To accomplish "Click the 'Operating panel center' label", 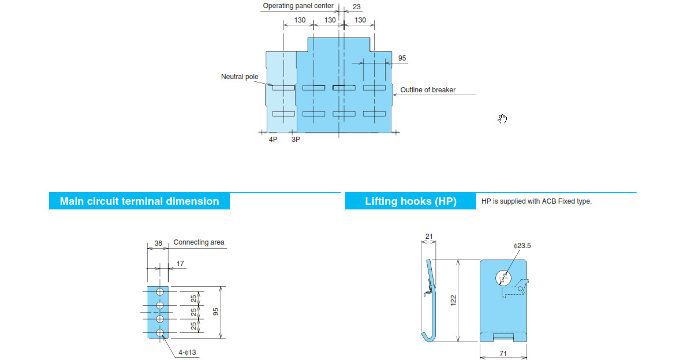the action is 298,6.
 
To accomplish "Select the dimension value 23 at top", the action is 357,7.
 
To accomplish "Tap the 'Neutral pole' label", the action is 240,77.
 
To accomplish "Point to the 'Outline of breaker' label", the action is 428,90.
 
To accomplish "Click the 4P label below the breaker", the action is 273,139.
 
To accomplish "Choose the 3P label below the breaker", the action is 296,139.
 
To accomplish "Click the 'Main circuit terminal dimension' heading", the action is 139,201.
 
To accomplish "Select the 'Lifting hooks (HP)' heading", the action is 410,201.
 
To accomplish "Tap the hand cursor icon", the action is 502,119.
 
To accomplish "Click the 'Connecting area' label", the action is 199,242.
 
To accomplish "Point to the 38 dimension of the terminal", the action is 158,243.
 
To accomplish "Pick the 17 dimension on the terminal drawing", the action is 180,264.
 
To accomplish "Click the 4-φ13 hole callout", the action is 187,352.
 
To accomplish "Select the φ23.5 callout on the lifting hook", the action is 522,246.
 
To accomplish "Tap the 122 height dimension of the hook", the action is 453,300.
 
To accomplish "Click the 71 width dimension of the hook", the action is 503,354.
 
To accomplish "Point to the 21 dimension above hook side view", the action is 429,237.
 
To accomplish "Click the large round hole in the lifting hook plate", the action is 503,277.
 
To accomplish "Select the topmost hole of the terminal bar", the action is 160,292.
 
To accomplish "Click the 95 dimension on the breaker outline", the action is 402,58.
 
